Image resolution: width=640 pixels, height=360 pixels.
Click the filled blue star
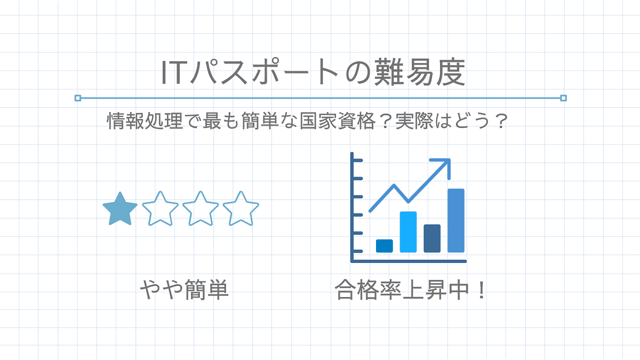coord(120,209)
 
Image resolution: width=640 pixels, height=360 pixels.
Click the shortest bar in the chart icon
coord(385,246)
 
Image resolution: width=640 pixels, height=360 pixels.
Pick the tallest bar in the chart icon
coord(455,221)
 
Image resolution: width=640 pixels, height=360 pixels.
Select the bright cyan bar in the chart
coord(408,232)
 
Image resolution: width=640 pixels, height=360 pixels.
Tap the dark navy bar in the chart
coord(432,238)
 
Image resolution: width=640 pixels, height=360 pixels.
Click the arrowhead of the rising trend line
coord(445,165)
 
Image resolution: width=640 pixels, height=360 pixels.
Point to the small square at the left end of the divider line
coord(78,98)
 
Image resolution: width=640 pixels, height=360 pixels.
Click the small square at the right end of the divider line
coord(563,98)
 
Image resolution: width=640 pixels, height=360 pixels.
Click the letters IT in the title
coord(172,73)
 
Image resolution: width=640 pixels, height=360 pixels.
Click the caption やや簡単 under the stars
coord(185,290)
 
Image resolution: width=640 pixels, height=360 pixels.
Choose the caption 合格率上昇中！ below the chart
coord(410,290)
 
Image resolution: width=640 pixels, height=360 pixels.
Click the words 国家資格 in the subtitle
coord(338,121)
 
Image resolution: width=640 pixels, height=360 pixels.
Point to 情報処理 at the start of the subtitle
coord(145,121)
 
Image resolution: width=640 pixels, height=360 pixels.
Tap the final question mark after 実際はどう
coord(500,121)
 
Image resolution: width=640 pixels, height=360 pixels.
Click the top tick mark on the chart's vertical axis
coord(357,161)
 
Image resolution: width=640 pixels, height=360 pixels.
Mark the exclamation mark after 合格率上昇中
coord(482,290)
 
